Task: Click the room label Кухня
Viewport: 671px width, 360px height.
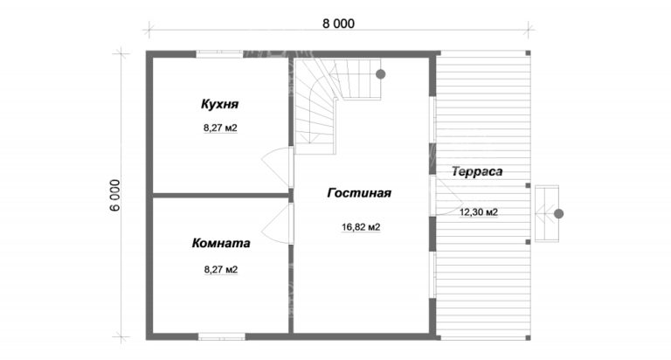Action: pyautogui.click(x=219, y=105)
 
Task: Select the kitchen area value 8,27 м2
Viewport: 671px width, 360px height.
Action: pyautogui.click(x=220, y=128)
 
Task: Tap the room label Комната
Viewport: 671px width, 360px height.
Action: pyautogui.click(x=221, y=244)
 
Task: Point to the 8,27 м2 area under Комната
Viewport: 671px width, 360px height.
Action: pyautogui.click(x=220, y=270)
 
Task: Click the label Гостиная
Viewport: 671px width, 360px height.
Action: pyautogui.click(x=359, y=193)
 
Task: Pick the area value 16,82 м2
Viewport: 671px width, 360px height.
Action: pyautogui.click(x=361, y=227)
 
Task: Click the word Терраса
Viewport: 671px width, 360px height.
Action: pyautogui.click(x=477, y=172)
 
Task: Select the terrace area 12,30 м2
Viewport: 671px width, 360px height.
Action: pyautogui.click(x=480, y=212)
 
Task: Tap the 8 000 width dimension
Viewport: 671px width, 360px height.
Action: pyautogui.click(x=338, y=24)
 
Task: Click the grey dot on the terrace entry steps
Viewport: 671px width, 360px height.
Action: pyautogui.click(x=558, y=213)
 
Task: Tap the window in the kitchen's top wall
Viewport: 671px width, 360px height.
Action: pyautogui.click(x=219, y=54)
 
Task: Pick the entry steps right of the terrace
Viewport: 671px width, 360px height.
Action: pyautogui.click(x=547, y=213)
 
